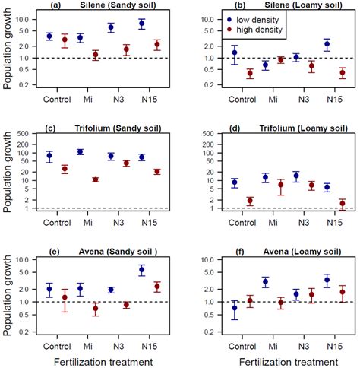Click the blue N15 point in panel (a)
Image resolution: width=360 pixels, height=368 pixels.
click(141, 24)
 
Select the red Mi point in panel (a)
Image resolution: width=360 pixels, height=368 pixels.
click(96, 55)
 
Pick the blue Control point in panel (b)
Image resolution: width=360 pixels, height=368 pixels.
click(235, 52)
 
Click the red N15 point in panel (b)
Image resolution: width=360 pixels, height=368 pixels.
click(342, 73)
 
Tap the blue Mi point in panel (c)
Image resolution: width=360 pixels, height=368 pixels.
click(80, 151)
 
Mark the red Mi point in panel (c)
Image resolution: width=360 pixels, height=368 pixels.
click(96, 179)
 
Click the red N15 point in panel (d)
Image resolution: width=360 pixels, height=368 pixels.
click(342, 203)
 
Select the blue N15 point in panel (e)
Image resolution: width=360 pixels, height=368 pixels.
click(141, 269)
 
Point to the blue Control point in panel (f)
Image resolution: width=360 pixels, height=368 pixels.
click(235, 307)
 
